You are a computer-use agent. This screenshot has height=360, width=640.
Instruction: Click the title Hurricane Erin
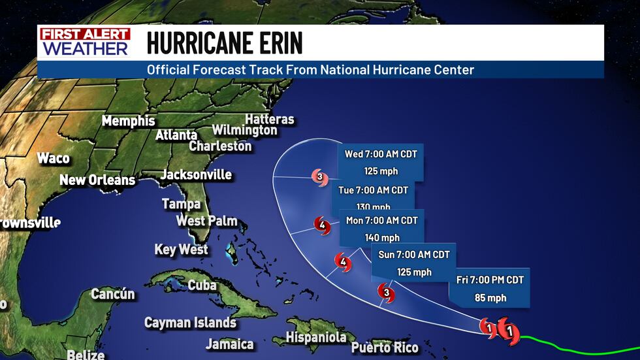click(x=225, y=43)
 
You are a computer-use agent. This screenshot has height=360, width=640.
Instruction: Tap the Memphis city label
click(x=129, y=121)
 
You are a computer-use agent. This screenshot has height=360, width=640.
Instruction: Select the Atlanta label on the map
click(x=176, y=135)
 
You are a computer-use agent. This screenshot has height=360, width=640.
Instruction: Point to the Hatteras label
click(x=269, y=120)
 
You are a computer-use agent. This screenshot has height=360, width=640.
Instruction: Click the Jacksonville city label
click(x=196, y=175)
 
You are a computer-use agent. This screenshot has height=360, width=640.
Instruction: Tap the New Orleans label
click(x=97, y=180)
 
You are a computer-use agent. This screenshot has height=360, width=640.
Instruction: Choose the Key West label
click(x=181, y=250)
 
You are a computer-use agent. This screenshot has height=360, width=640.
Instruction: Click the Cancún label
click(x=113, y=294)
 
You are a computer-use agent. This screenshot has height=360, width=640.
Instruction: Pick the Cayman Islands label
click(x=190, y=323)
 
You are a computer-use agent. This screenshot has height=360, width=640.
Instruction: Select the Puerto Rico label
click(x=385, y=347)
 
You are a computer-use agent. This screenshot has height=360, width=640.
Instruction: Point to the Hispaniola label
click(x=316, y=338)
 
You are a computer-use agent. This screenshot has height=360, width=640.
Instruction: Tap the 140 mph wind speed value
click(x=381, y=238)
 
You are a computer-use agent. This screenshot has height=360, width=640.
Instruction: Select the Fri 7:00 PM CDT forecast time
click(x=490, y=280)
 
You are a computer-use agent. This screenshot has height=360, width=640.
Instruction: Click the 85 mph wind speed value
click(x=490, y=299)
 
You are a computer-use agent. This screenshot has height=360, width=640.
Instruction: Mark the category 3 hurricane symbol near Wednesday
click(x=319, y=176)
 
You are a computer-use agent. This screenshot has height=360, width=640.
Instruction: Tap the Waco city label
click(x=53, y=158)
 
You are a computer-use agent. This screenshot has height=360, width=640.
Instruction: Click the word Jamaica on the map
click(x=230, y=344)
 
